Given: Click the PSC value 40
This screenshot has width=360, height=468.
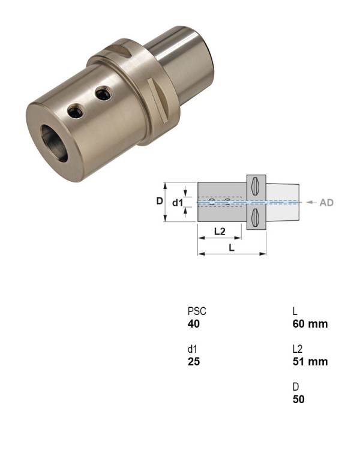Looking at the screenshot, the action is [193, 323].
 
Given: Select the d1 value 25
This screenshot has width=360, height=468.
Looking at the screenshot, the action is [193, 361].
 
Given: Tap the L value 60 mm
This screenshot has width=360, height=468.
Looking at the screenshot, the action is [310, 323].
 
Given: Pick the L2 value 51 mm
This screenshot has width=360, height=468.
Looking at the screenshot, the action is [310, 361].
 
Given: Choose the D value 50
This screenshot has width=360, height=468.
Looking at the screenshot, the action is [299, 399].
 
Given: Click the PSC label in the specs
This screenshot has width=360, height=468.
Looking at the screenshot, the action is [197, 311].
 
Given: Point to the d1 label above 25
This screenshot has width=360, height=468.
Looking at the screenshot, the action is [192, 349].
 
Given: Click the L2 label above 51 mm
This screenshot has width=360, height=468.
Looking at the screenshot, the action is [298, 349].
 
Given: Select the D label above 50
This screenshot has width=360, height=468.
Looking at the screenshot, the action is [296, 387].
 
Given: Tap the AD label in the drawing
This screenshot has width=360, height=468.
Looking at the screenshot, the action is [326, 203].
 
